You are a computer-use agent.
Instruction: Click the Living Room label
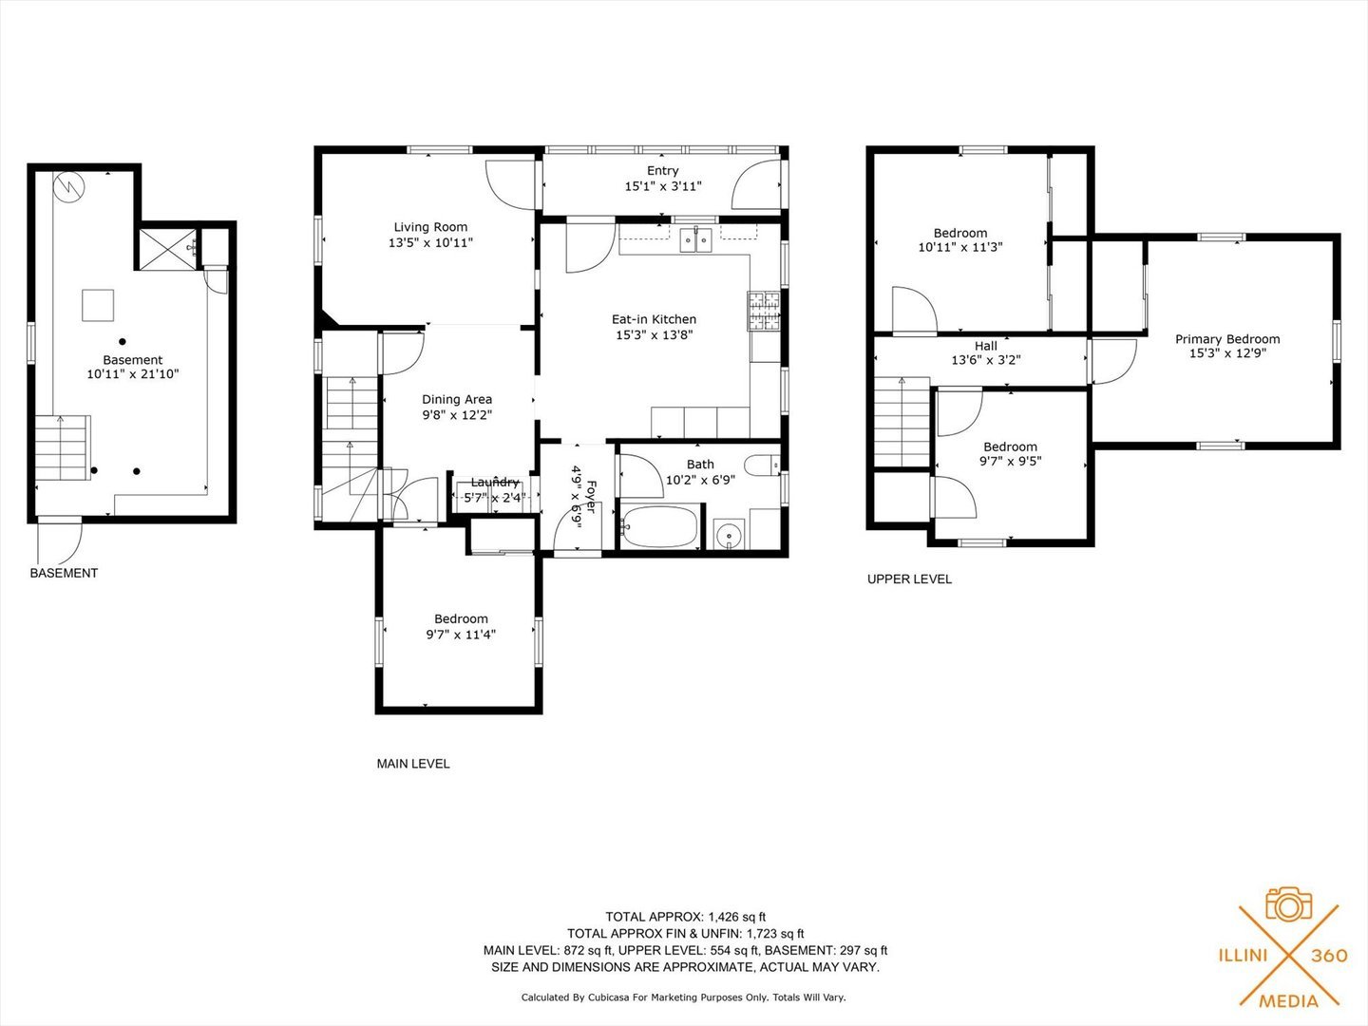[430, 227]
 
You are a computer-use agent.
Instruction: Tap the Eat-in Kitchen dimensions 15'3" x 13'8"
[655, 335]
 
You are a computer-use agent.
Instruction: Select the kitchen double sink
[695, 239]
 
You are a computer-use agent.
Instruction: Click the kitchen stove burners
[764, 311]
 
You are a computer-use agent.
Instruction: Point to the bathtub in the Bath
[660, 527]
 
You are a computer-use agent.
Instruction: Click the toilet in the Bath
[762, 465]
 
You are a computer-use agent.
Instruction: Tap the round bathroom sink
[729, 535]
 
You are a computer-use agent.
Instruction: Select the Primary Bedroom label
[1227, 339]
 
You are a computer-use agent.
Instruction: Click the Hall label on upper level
[986, 346]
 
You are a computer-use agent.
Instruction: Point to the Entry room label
[662, 171]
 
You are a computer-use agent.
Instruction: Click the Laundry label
[495, 483]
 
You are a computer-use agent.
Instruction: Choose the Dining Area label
[457, 399]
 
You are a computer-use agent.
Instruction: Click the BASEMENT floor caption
[65, 573]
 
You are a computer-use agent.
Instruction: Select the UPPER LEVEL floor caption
[909, 579]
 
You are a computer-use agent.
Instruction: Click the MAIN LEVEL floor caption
[413, 764]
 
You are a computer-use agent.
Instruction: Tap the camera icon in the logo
[1289, 905]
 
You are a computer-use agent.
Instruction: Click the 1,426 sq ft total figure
[737, 917]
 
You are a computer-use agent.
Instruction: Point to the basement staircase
[63, 447]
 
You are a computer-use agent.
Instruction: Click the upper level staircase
[902, 422]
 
